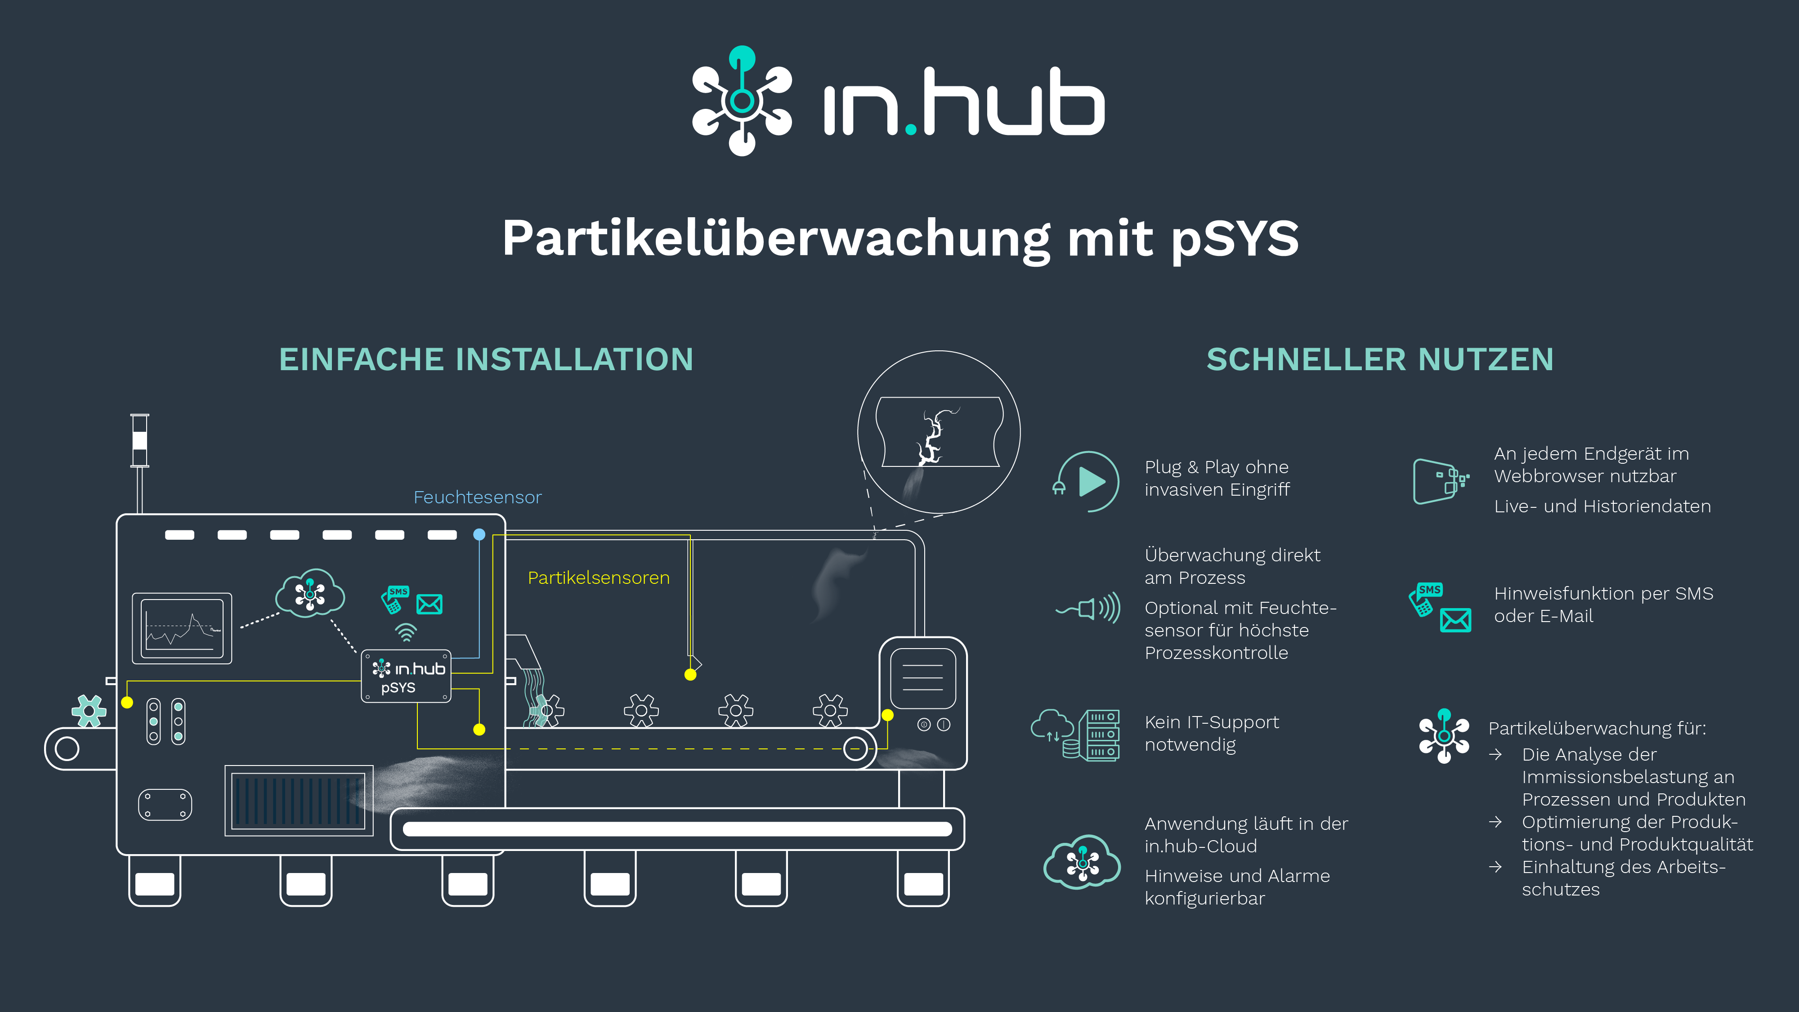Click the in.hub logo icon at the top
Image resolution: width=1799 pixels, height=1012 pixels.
pyautogui.click(x=742, y=101)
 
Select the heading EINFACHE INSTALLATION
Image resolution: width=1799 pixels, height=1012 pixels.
pyautogui.click(x=486, y=360)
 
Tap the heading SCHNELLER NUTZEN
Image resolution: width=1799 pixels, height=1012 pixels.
pyautogui.click(x=1380, y=360)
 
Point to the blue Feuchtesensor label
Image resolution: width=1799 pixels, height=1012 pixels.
pyautogui.click(x=478, y=497)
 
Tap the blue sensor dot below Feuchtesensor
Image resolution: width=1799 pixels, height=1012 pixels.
pyautogui.click(x=479, y=534)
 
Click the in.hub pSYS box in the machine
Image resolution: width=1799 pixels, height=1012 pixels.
pyautogui.click(x=406, y=676)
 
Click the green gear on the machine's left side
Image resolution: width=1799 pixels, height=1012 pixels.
pyautogui.click(x=89, y=712)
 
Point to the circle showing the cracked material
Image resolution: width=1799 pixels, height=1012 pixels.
pyautogui.click(x=939, y=432)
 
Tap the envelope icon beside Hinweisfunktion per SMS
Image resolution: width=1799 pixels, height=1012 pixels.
pyautogui.click(x=1455, y=620)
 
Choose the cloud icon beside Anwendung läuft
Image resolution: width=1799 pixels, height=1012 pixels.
pyautogui.click(x=1082, y=861)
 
